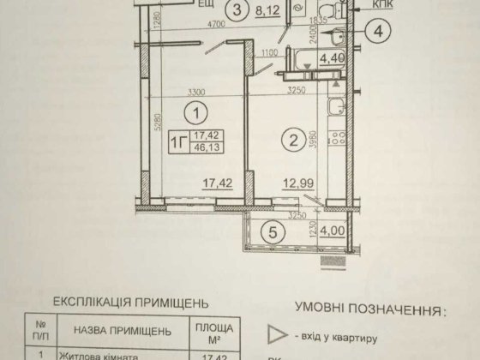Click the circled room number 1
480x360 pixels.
point(198,111)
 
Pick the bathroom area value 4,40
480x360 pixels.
point(331,60)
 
